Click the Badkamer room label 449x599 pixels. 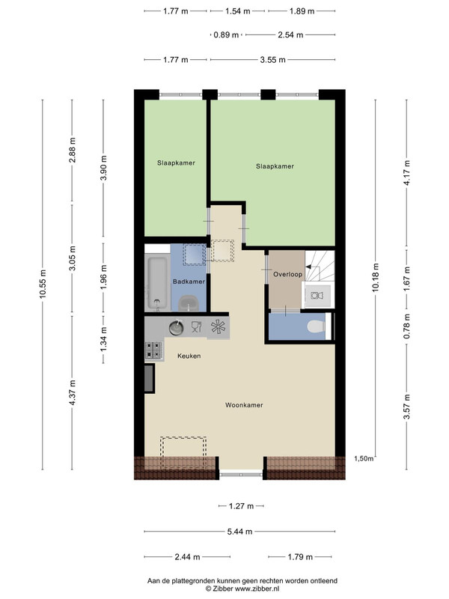point(189,282)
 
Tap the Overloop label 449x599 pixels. point(287,274)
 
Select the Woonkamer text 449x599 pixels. point(244,405)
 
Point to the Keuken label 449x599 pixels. point(189,356)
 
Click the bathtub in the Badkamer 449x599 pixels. point(157,283)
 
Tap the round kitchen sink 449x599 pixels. point(176,327)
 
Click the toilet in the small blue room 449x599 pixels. point(316,326)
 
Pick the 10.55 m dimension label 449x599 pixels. point(43,285)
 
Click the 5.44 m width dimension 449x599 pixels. point(239,532)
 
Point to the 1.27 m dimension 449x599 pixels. point(241,506)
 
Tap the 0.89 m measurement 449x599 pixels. point(226,34)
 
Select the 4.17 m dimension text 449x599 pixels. point(406,173)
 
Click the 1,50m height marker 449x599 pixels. point(364,458)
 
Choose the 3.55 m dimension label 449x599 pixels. point(273,60)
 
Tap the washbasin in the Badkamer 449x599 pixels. point(189,303)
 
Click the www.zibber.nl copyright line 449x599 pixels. point(242,589)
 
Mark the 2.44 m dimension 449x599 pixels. point(188,557)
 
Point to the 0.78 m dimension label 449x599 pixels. point(406,326)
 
